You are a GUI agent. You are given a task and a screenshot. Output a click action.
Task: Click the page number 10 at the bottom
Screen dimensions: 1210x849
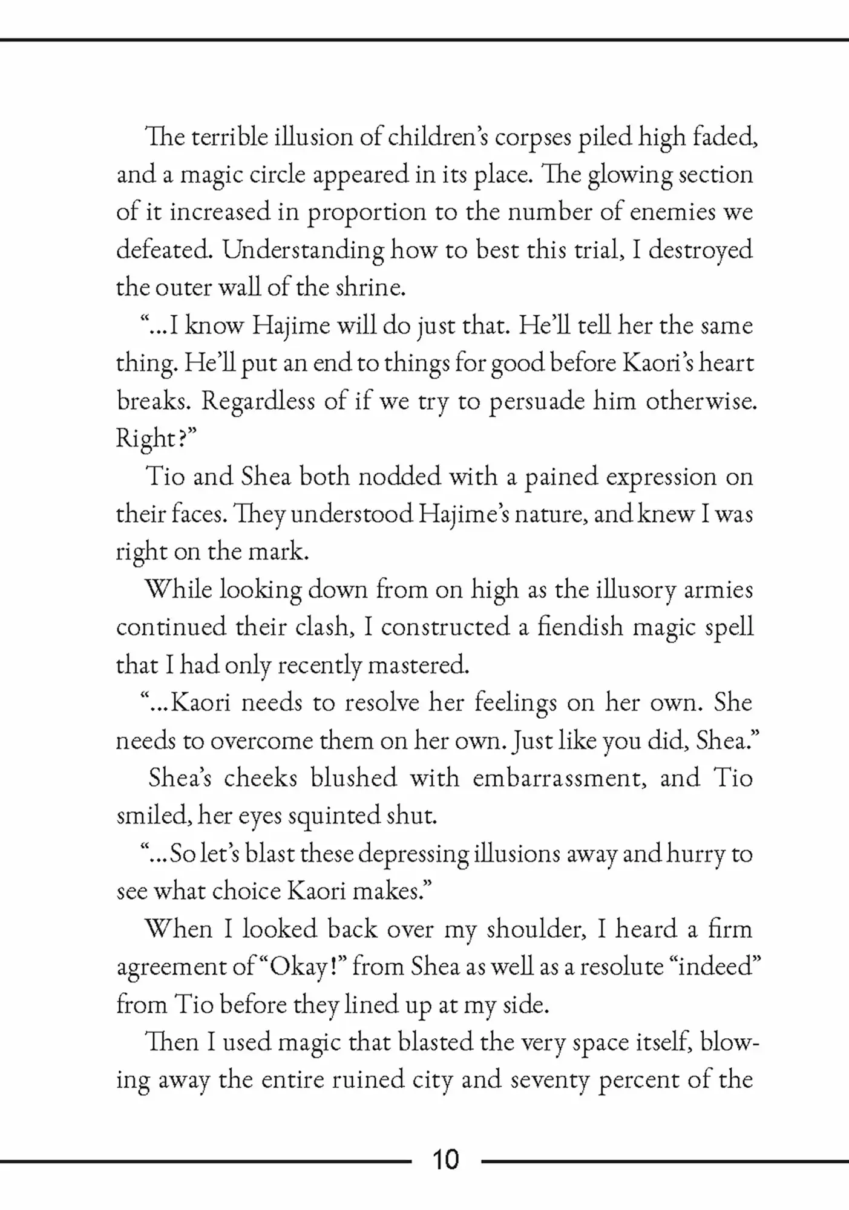click(445, 1159)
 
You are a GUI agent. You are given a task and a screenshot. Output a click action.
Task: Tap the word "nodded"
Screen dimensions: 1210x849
click(399, 476)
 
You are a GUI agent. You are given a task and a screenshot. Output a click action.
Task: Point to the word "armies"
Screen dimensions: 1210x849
click(718, 590)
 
